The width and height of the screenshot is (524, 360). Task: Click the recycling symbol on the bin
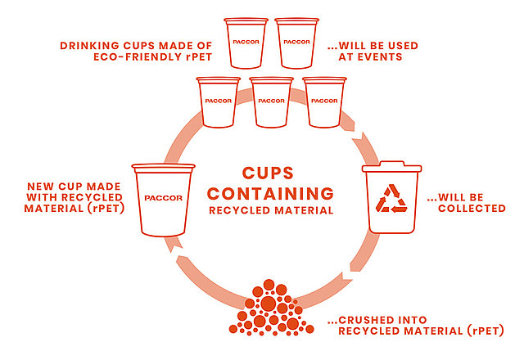tap(391, 198)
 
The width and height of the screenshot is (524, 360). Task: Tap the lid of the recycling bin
tap(391, 166)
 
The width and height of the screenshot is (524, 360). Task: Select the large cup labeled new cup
tap(164, 200)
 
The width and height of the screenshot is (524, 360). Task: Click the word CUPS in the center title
tap(268, 173)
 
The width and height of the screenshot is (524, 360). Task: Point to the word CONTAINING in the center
tap(270, 194)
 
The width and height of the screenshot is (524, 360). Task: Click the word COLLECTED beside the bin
tap(472, 209)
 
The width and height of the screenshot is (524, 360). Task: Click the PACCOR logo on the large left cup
tap(164, 198)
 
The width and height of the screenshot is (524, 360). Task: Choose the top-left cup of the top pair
tap(246, 43)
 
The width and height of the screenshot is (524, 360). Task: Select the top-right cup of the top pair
tap(296, 43)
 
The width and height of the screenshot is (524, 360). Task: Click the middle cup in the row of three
tap(271, 102)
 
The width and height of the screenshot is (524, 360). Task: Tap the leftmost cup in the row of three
tap(219, 102)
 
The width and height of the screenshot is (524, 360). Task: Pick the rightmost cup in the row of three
tap(324, 102)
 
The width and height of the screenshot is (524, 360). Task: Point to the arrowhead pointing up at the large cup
tap(173, 245)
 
